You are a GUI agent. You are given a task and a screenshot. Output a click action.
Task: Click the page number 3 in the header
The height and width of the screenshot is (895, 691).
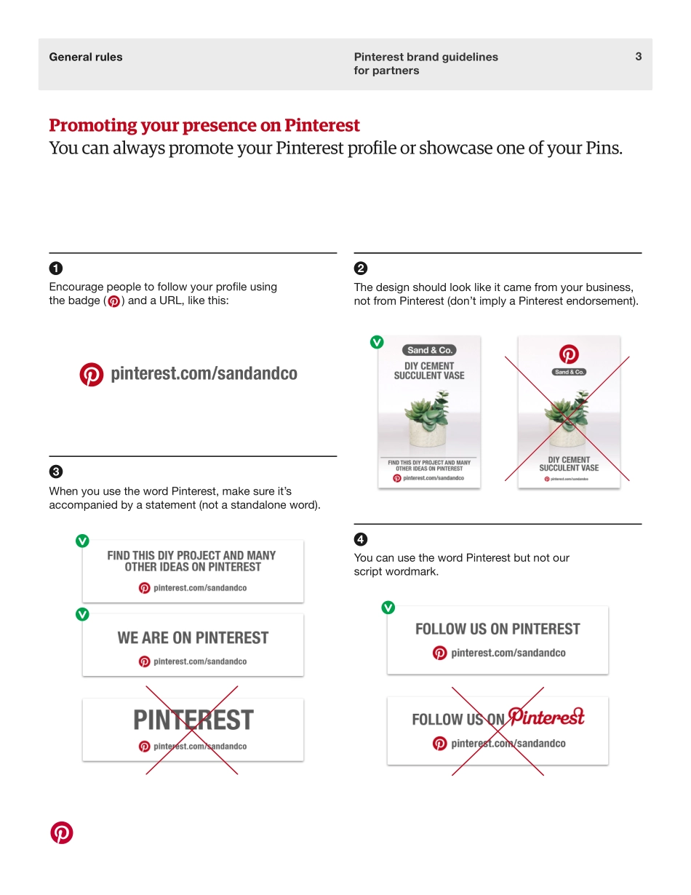(638, 57)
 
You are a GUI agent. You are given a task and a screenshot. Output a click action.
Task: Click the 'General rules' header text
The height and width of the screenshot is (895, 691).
(86, 57)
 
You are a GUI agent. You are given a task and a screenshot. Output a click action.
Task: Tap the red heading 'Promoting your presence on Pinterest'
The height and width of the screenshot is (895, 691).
(204, 126)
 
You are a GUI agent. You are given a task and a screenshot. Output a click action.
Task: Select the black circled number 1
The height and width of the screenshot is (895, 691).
(55, 267)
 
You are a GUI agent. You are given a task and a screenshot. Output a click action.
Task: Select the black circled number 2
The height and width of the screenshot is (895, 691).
(360, 267)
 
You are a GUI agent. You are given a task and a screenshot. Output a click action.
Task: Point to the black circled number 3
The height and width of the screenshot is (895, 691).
(55, 471)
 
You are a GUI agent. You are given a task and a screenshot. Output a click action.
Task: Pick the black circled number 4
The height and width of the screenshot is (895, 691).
(360, 539)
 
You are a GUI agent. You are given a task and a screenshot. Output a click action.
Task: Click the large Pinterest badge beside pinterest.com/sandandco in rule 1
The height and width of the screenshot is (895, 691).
(92, 374)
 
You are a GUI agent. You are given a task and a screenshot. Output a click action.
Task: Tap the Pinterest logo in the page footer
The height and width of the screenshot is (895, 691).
(62, 833)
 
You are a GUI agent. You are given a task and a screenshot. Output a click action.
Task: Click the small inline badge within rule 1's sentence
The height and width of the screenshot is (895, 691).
(113, 302)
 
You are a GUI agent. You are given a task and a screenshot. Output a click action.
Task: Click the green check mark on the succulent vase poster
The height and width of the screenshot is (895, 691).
(377, 341)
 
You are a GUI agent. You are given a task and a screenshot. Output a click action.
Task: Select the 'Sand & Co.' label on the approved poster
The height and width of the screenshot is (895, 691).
(429, 350)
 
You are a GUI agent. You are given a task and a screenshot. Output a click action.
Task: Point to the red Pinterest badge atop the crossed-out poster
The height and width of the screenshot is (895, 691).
(569, 354)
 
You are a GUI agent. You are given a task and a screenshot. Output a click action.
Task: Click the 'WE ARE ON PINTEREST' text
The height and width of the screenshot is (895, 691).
(193, 638)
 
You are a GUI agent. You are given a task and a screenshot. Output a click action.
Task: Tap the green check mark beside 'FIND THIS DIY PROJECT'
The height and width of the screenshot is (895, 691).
(82, 541)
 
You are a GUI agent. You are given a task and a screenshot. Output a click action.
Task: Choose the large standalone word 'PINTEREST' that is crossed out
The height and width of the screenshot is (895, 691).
(193, 720)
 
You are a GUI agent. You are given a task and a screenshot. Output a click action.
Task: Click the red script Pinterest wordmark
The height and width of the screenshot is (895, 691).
(546, 717)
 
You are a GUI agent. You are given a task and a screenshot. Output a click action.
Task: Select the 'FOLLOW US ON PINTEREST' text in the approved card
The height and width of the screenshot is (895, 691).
(498, 629)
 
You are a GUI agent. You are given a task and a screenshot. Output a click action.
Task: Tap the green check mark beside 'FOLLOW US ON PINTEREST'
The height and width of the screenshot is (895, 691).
(388, 608)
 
